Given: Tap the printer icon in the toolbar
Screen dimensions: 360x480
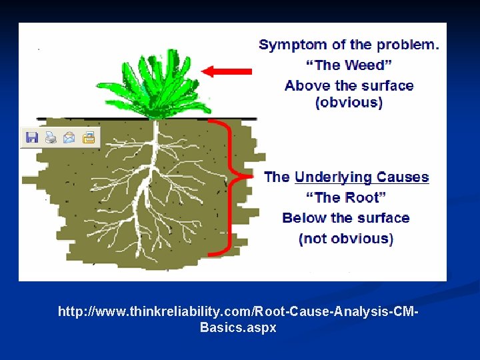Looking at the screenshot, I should point(51,138).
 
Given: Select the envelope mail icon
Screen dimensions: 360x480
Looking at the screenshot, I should point(69,138).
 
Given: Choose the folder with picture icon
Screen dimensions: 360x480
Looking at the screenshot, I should point(89,138).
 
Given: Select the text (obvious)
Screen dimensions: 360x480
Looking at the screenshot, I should point(349,103).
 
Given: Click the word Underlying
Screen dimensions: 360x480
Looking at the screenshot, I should point(333,177).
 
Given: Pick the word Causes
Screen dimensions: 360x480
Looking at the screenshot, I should point(403,177).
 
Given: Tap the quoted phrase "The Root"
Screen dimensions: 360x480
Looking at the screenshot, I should point(345,197).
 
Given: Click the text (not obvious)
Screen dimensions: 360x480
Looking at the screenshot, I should point(345,238).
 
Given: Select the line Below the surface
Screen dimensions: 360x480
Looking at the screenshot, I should point(345,218).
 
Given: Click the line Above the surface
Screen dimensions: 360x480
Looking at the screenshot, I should point(349,85).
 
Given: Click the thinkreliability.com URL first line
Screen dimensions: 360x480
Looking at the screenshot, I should point(238,312).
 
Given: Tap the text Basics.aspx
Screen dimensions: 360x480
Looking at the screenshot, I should point(238,328).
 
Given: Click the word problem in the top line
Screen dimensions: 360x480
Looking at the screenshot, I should point(407,45).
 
